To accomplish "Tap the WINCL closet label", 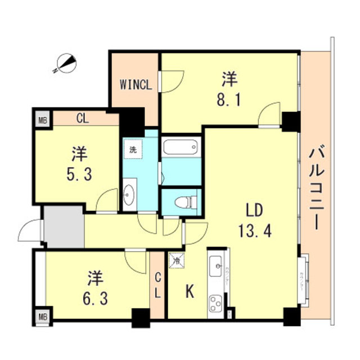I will point(136,85).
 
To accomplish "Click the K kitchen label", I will point(190,292).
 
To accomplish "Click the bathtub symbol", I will point(181,147).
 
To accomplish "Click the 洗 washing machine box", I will point(133,150).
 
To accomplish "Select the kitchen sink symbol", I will point(215,267).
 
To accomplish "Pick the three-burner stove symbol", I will point(215,304).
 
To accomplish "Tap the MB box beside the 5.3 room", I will point(42,119).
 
